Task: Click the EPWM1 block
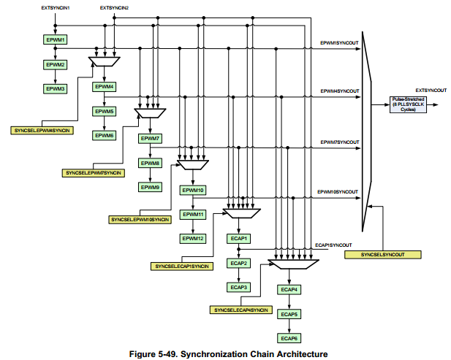(x=55, y=39)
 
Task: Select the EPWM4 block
(x=105, y=87)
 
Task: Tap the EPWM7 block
(x=151, y=138)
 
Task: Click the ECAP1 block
(x=240, y=238)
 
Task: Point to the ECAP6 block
(x=289, y=338)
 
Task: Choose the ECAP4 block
(x=289, y=290)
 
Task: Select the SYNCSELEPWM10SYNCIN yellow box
(x=140, y=219)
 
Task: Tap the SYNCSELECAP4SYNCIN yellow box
(x=241, y=310)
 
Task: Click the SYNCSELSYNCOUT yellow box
(x=393, y=254)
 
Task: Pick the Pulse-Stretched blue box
(x=409, y=105)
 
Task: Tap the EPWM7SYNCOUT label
(x=340, y=141)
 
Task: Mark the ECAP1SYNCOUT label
(x=333, y=245)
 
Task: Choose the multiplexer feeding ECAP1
(x=240, y=214)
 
